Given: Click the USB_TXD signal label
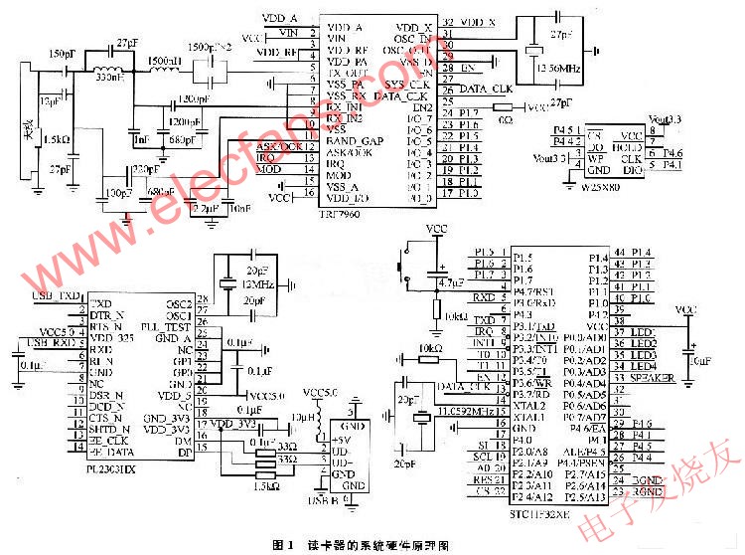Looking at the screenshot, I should pyautogui.click(x=57, y=296).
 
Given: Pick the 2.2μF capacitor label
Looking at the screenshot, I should pyautogui.click(x=204, y=209).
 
